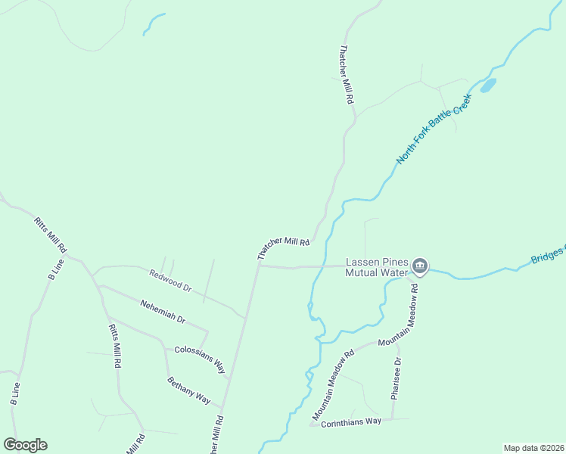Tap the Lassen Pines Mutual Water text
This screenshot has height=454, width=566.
pos(376,267)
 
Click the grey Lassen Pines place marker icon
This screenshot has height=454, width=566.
pos(420,266)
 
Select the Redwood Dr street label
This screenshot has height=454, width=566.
pos(170,281)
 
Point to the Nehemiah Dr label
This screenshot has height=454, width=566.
pos(163,312)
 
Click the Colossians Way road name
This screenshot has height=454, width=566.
pos(201,359)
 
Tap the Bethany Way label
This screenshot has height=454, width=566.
pos(188,389)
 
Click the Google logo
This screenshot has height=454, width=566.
pos(25,445)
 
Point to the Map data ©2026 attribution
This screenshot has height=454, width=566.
pos(533,448)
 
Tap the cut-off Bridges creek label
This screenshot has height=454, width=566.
pos(548,254)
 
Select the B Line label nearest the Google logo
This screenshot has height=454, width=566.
pos(14,391)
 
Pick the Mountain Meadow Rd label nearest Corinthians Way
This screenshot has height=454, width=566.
pos(334,386)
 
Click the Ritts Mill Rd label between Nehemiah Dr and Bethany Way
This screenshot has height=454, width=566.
pos(115,346)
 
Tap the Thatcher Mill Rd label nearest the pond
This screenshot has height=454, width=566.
pos(347,75)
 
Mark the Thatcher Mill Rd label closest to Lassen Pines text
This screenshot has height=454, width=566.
pos(284,248)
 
